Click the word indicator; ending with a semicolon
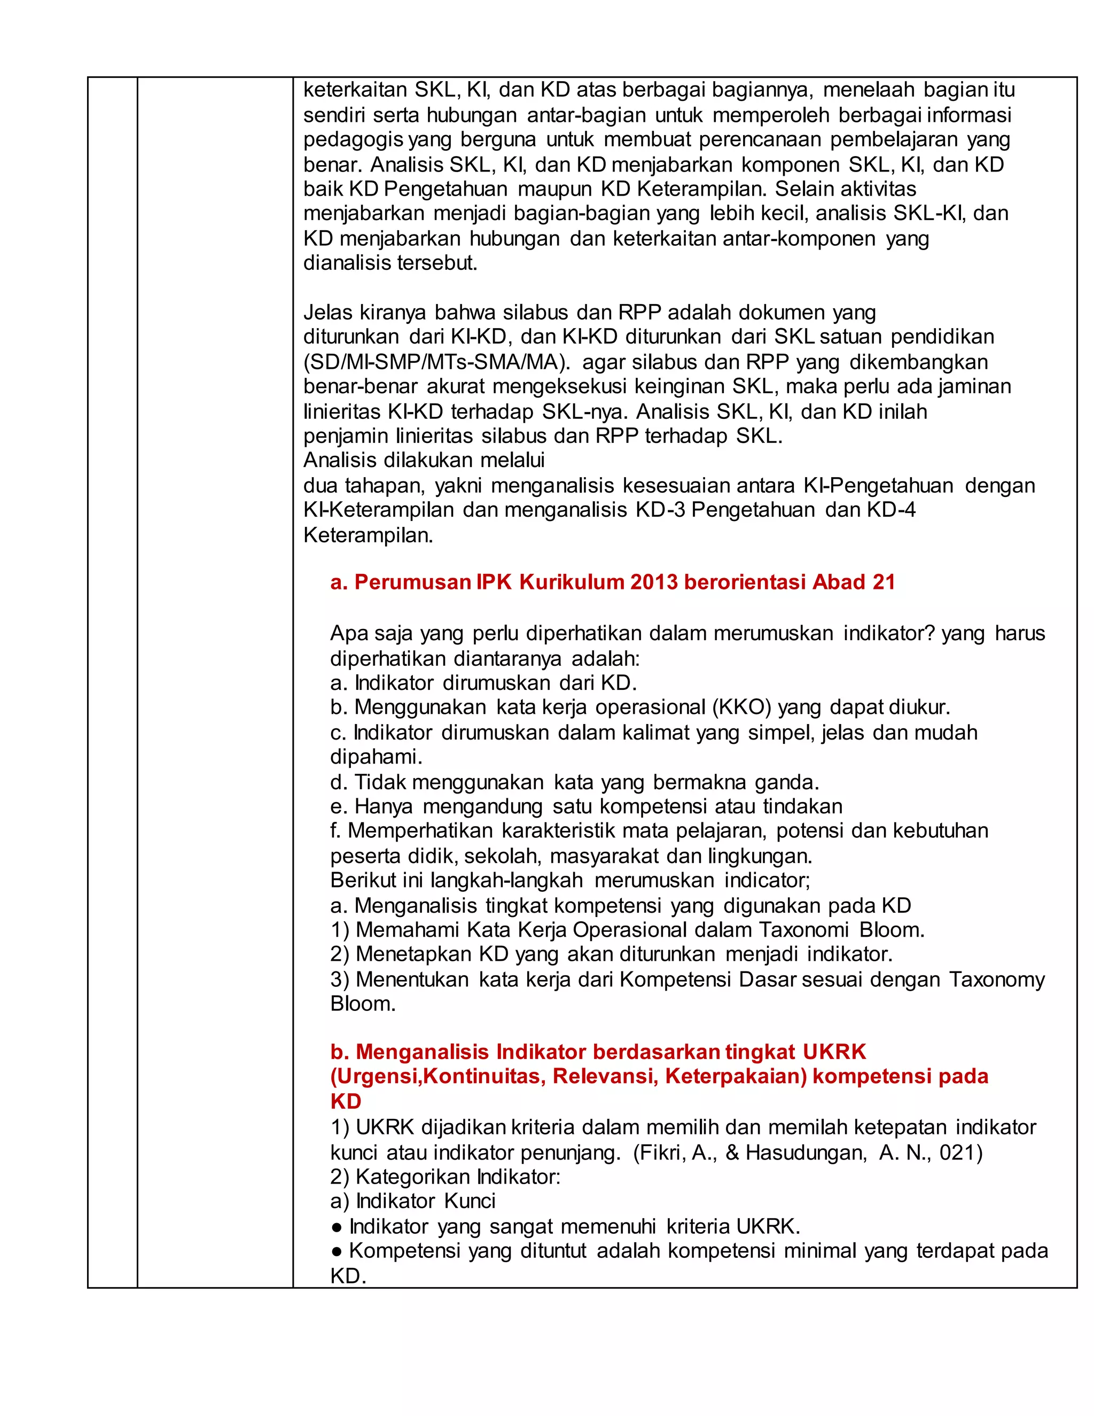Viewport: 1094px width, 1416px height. pyautogui.click(x=768, y=881)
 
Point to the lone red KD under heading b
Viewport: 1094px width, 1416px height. pyautogui.click(x=346, y=1102)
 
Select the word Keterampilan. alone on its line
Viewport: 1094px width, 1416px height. pyautogui.click(x=368, y=535)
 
